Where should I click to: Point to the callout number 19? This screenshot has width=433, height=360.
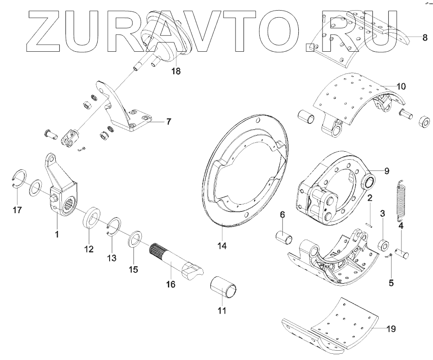391,329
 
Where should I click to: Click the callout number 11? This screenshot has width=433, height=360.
222,310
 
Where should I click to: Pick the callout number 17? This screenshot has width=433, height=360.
17,210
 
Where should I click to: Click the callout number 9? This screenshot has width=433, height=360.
387,170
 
